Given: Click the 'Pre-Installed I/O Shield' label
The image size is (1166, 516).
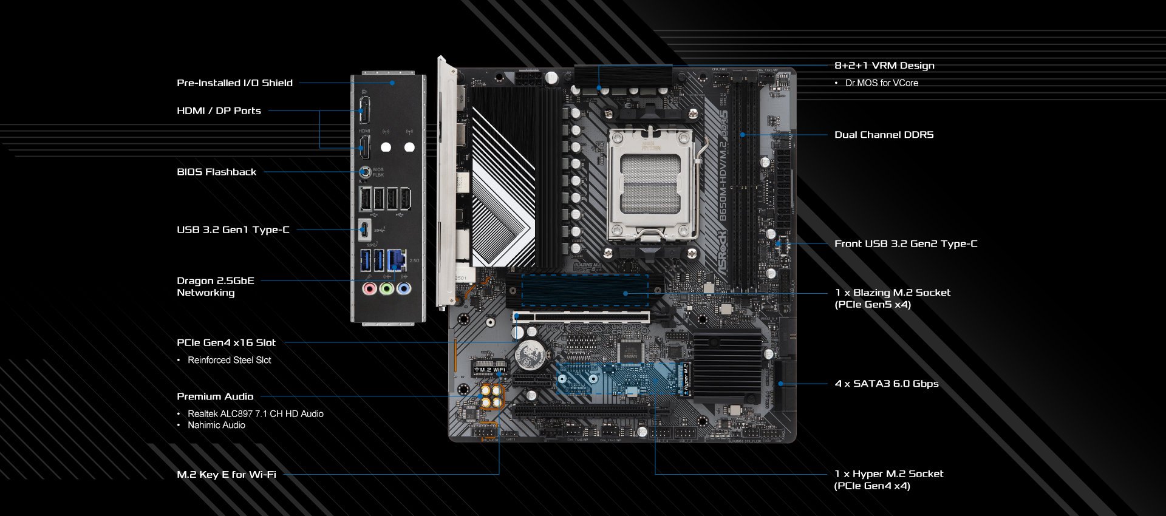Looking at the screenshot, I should click(x=234, y=83).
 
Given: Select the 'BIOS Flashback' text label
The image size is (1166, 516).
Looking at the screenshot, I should click(x=216, y=172).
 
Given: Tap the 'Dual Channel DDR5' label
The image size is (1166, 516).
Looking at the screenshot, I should click(x=884, y=135).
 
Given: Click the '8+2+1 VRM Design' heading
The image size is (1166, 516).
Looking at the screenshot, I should click(x=884, y=66).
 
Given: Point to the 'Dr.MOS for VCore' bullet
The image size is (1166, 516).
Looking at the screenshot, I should click(x=881, y=83).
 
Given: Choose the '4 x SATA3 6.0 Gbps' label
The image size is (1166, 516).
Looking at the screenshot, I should click(x=887, y=384).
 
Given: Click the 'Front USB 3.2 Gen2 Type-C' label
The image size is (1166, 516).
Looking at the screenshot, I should click(x=905, y=244).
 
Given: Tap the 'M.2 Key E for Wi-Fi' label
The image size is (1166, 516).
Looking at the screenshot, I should click(x=227, y=475).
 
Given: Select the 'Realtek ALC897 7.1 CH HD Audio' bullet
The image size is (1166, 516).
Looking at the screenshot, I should click(x=255, y=414).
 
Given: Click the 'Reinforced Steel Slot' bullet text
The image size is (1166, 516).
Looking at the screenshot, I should click(x=229, y=360).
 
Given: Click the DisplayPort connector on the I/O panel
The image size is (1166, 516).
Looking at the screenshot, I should click(x=364, y=110).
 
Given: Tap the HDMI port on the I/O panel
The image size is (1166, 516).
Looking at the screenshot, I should click(x=364, y=147).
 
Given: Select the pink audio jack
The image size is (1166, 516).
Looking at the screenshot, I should click(x=369, y=288).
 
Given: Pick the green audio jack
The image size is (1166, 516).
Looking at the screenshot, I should click(x=386, y=288).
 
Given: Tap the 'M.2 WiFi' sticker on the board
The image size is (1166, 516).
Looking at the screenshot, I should click(x=489, y=369).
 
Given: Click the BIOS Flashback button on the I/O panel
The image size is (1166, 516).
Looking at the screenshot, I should click(x=365, y=172).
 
